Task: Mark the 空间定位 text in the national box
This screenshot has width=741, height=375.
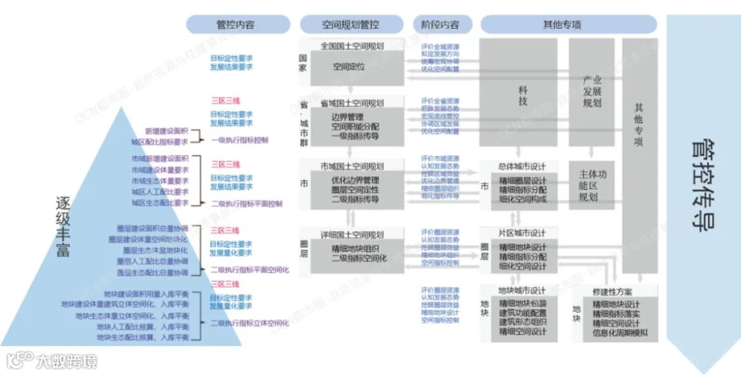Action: coord(348,66)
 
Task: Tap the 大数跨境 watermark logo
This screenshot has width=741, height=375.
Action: coord(51,359)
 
